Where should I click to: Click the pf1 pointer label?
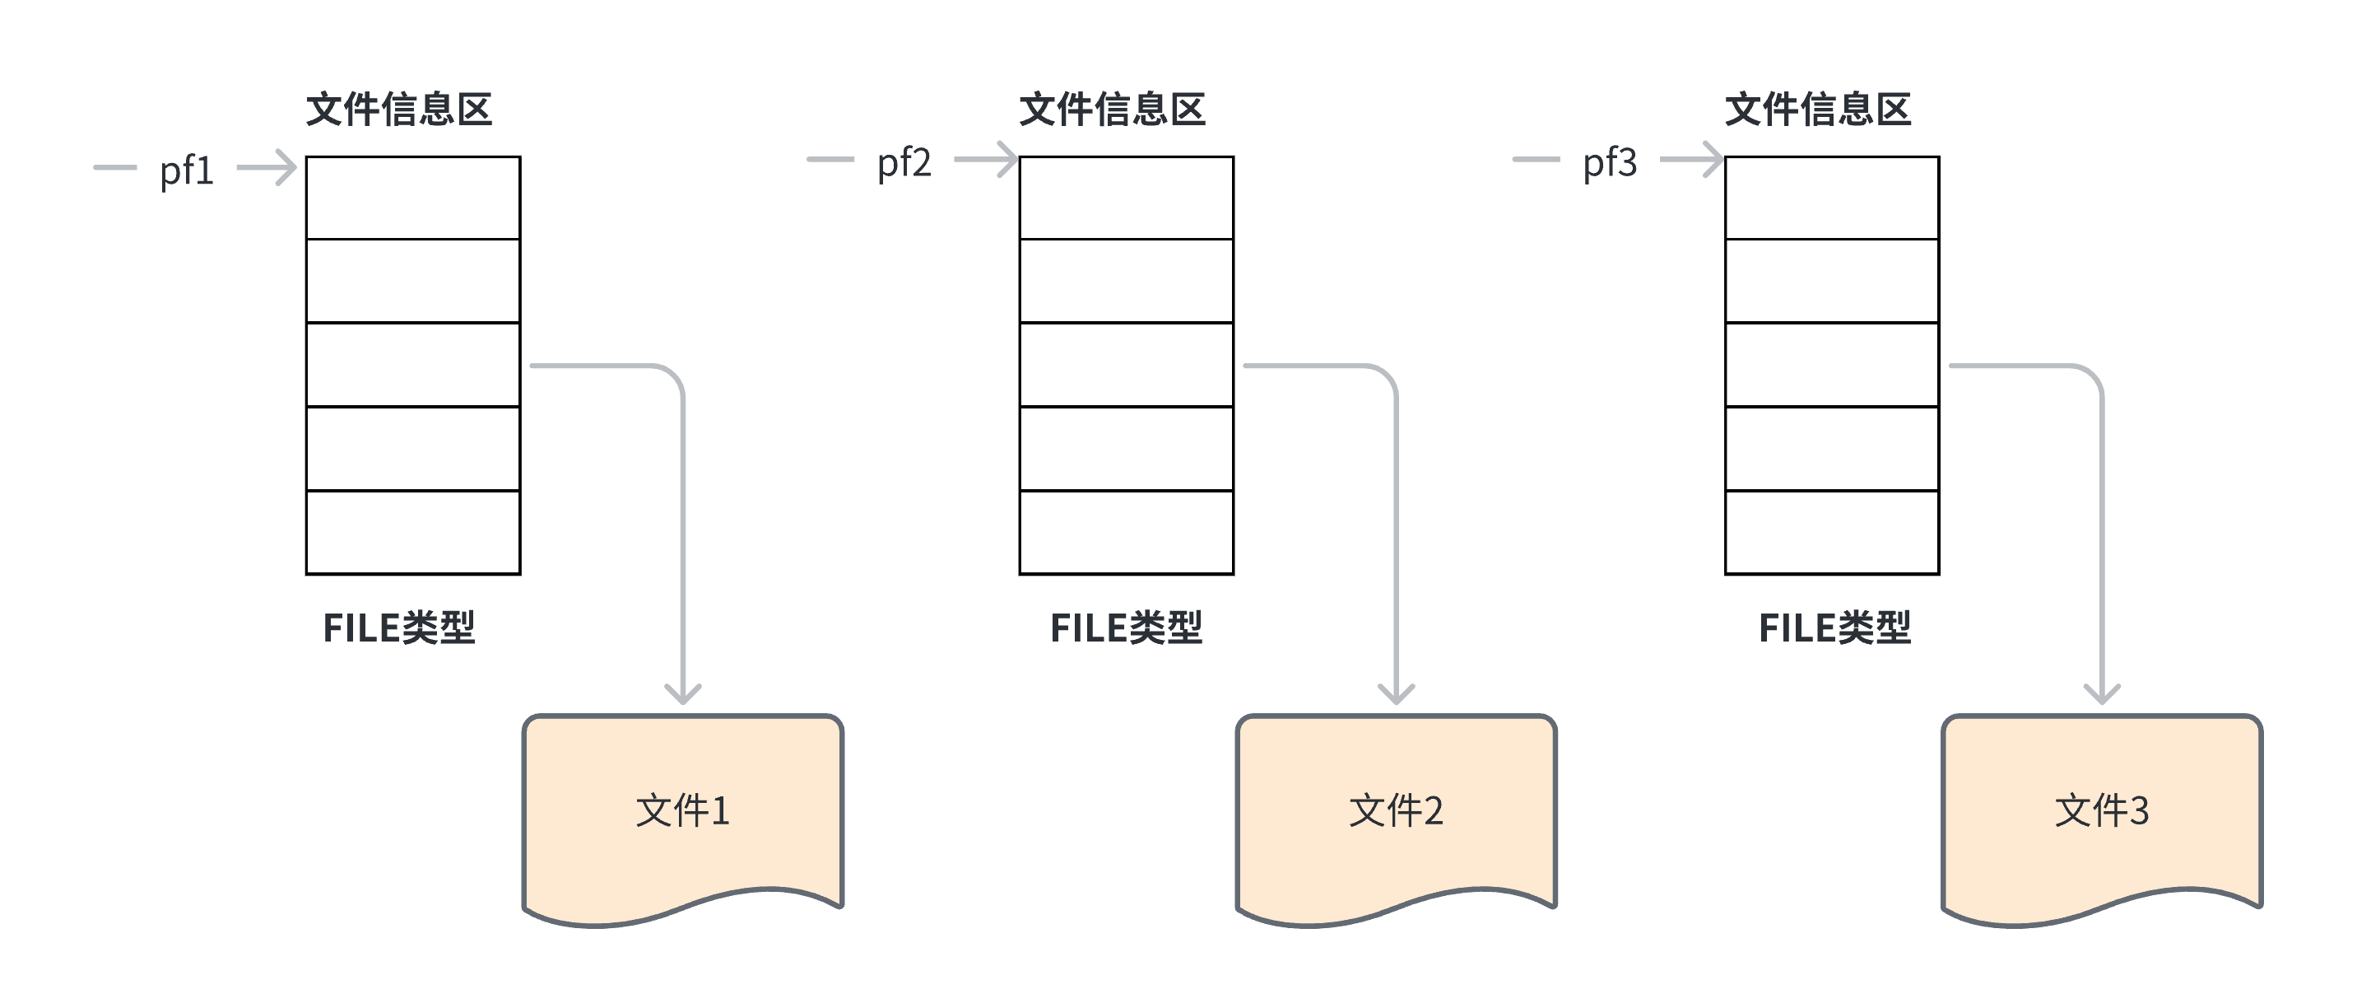pyautogui.click(x=187, y=170)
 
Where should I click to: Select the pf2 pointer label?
pyautogui.click(x=904, y=163)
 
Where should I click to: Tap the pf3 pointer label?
pyautogui.click(x=1610, y=163)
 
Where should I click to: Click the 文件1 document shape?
pyautogui.click(x=682, y=811)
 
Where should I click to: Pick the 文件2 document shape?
pyautogui.click(x=1397, y=811)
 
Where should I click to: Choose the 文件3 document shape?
pyautogui.click(x=2102, y=811)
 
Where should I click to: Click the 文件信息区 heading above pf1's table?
pyautogui.click(x=399, y=110)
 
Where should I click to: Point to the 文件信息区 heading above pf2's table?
pyautogui.click(x=1113, y=110)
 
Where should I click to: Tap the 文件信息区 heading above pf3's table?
pyautogui.click(x=1818, y=110)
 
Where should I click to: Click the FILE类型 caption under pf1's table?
pyautogui.click(x=399, y=628)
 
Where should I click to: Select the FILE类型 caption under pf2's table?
pyautogui.click(x=1127, y=628)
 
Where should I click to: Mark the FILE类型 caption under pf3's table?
pyautogui.click(x=1834, y=628)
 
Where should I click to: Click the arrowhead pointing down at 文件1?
pyautogui.click(x=682, y=693)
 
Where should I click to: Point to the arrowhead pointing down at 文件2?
pyautogui.click(x=1397, y=693)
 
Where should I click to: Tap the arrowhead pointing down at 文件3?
pyautogui.click(x=2102, y=693)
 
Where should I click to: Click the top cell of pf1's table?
pyautogui.click(x=412, y=198)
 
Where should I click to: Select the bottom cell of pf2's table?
pyautogui.click(x=1127, y=533)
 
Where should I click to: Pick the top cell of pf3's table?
pyautogui.click(x=1832, y=198)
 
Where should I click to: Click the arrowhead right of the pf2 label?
pyautogui.click(x=1006, y=159)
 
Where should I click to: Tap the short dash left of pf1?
pyautogui.click(x=115, y=167)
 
